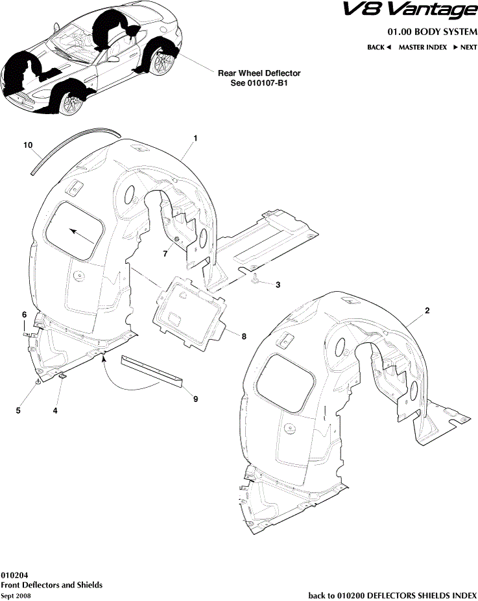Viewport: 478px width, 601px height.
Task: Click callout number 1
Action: pos(195,139)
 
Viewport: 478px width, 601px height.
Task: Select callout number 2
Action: pos(427,311)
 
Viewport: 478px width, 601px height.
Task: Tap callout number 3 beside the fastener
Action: pos(278,285)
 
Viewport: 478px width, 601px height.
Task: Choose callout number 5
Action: pos(18,410)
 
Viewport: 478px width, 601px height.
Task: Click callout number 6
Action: pos(25,314)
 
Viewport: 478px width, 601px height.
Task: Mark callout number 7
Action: pos(165,254)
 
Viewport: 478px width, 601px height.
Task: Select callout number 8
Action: pos(244,336)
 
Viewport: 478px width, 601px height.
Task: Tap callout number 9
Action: pos(195,399)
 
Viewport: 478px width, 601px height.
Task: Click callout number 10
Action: pos(28,145)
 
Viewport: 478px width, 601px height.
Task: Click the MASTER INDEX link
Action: pos(422,47)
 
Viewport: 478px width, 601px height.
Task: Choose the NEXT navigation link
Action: pos(465,47)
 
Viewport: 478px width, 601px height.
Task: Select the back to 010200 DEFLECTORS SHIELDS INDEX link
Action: pos(392,595)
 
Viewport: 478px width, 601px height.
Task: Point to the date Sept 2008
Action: pos(16,595)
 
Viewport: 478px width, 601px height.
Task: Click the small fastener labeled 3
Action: pos(257,279)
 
